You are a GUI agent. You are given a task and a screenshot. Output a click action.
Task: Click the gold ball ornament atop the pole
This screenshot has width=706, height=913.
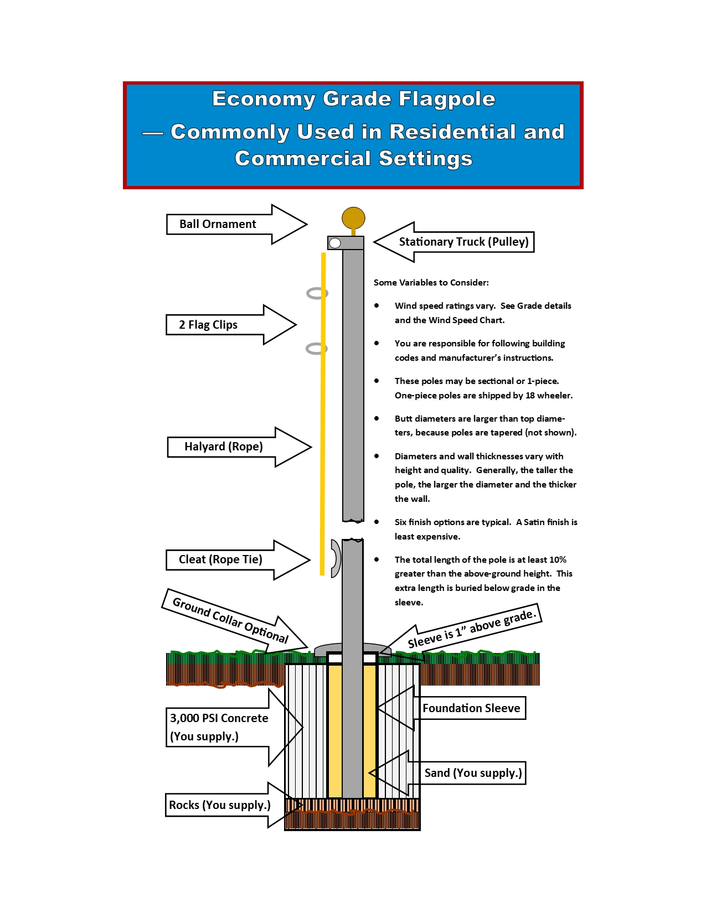click(x=353, y=218)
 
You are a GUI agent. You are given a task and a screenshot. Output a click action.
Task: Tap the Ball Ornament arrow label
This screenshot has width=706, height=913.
click(x=218, y=224)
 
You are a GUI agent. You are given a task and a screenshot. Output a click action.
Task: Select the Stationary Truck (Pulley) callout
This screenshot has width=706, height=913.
click(x=463, y=242)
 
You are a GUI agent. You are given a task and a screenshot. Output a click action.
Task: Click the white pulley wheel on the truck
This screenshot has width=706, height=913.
click(x=334, y=243)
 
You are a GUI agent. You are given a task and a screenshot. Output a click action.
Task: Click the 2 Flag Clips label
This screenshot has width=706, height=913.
click(x=208, y=325)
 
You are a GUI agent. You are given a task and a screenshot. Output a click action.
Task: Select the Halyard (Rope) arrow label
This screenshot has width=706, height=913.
click(x=224, y=446)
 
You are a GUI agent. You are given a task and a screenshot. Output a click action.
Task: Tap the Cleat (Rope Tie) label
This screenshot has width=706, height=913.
click(x=220, y=559)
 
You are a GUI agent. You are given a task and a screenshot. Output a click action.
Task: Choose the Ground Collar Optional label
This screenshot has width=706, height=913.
click(x=230, y=620)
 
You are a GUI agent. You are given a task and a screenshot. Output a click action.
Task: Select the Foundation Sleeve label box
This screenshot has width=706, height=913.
click(x=471, y=708)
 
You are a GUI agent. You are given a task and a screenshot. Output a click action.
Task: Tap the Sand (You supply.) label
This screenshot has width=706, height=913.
click(x=473, y=772)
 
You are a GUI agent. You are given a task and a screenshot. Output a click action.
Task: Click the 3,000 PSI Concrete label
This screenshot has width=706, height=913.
click(x=219, y=727)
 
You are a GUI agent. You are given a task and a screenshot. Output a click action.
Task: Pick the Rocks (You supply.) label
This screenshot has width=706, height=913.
click(x=219, y=805)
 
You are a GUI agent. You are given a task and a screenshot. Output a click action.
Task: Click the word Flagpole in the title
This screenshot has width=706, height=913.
click(x=446, y=100)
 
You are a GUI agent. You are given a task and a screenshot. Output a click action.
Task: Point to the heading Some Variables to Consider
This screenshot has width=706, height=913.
click(x=431, y=282)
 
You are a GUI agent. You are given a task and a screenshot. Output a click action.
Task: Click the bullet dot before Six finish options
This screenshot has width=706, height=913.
click(x=377, y=522)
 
